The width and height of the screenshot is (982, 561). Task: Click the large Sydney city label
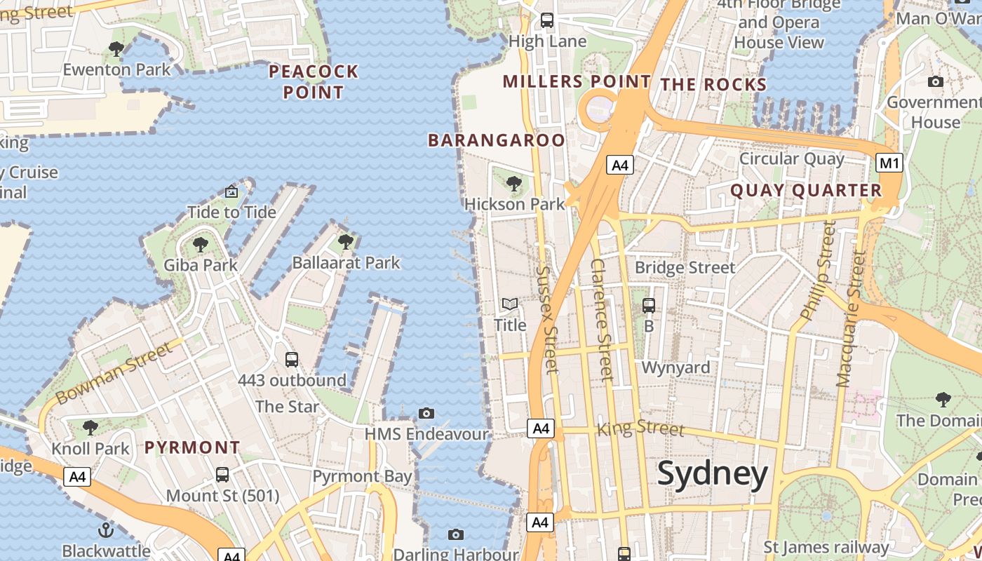tap(713, 475)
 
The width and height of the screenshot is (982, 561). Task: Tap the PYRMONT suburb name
tap(192, 447)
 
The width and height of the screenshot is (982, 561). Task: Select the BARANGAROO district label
tap(496, 140)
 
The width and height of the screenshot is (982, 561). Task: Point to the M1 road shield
tap(889, 163)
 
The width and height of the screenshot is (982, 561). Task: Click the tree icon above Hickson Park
tap(514, 184)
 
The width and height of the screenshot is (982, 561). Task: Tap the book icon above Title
tap(510, 304)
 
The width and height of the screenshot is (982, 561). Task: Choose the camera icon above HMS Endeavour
tap(426, 413)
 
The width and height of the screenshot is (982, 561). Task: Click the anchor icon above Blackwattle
tap(106, 529)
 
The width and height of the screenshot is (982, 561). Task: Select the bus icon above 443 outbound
tap(292, 360)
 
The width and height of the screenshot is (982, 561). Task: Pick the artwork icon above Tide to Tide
tap(231, 191)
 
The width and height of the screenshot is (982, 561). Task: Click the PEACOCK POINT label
tap(314, 81)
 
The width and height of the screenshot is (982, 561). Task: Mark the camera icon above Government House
tap(935, 82)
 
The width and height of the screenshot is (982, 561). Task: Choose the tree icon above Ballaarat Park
tap(345, 242)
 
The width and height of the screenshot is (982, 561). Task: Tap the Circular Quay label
tap(792, 158)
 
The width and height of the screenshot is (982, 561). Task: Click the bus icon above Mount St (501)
tap(222, 475)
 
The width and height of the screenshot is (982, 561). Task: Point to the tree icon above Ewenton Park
tap(116, 49)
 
